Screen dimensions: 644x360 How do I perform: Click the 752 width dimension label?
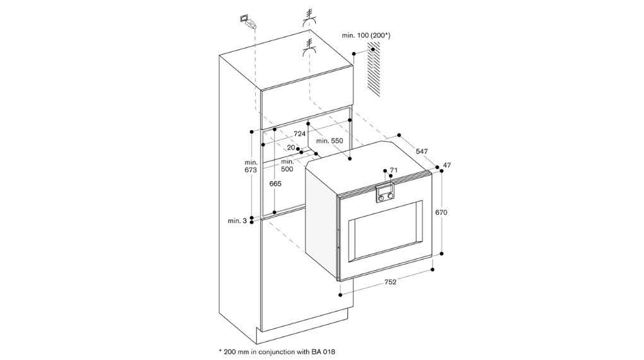click(390, 282)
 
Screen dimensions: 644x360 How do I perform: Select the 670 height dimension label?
click(441, 212)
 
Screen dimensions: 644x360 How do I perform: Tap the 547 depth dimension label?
click(422, 151)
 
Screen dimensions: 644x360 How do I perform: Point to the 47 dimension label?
click(447, 165)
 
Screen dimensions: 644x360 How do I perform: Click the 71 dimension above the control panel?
click(393, 170)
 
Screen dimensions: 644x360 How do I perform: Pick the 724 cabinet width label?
click(299, 134)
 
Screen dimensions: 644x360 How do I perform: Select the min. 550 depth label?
click(330, 141)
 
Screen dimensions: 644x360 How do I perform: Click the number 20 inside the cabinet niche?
click(291, 148)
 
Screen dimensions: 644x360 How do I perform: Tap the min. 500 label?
click(287, 165)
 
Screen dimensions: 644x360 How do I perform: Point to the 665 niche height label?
click(275, 184)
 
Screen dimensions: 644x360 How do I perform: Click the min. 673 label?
click(251, 166)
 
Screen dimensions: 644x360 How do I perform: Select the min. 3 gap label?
click(237, 220)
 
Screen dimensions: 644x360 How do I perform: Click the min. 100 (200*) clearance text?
click(366, 36)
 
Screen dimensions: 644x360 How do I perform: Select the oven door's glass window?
click(385, 231)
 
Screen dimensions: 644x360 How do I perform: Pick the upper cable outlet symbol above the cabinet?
click(309, 16)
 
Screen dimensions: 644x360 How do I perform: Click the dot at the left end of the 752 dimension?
click(340, 295)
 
